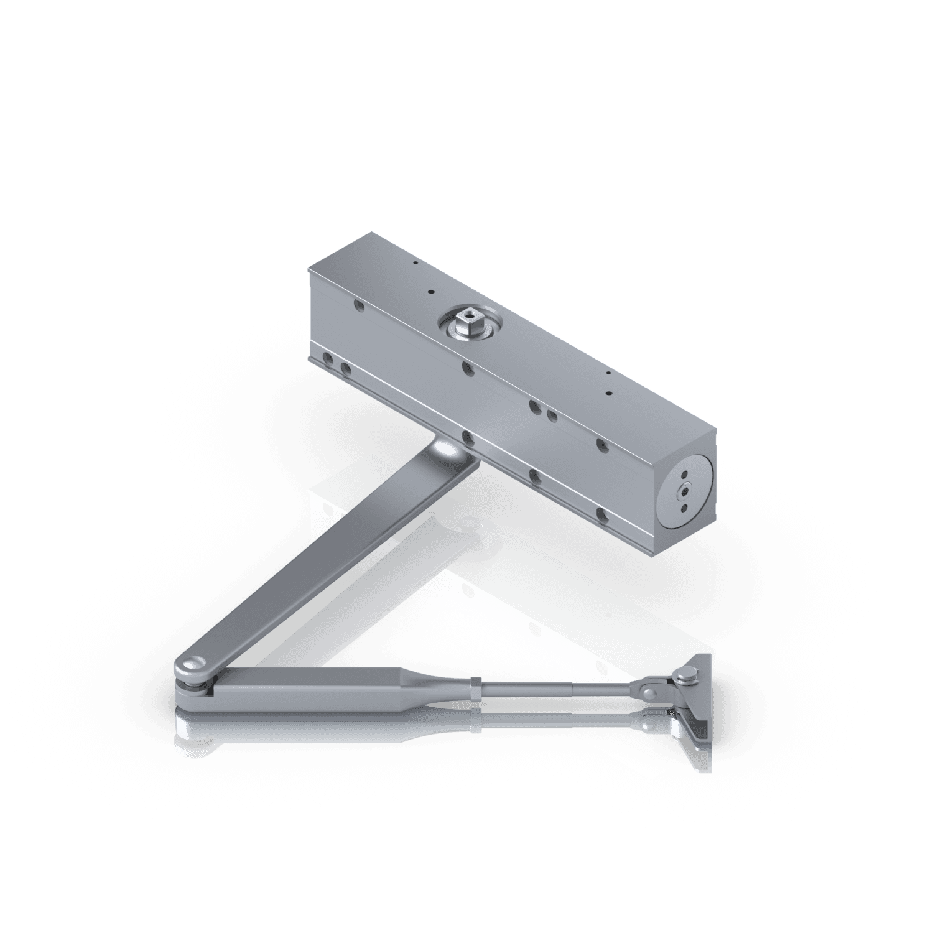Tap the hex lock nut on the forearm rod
pos(476,687)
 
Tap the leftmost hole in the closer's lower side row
pos(327,358)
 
